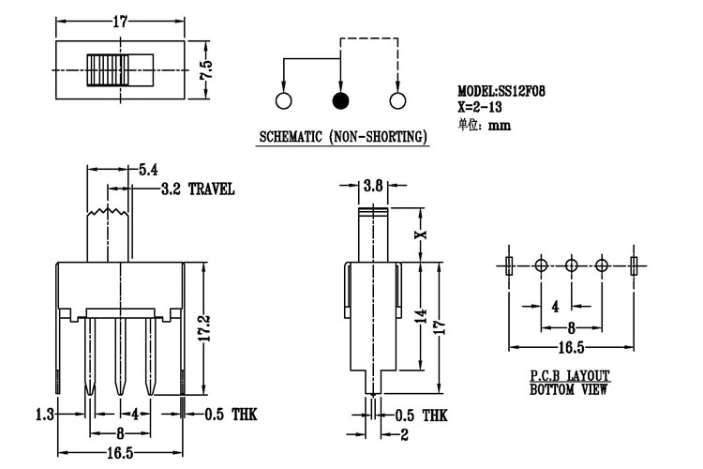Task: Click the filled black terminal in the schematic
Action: coord(341,100)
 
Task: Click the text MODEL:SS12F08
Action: coord(502,91)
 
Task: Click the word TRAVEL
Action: coord(211,189)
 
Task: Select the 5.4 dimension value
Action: coord(148,170)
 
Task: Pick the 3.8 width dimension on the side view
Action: coord(372,187)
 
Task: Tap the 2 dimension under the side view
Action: coord(405,434)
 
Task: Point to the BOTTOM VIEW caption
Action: coord(569,387)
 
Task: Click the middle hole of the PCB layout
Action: coord(571,265)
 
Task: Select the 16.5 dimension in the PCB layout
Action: coord(571,348)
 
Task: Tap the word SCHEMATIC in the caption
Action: coord(292,137)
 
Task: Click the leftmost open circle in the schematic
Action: coord(284,100)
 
